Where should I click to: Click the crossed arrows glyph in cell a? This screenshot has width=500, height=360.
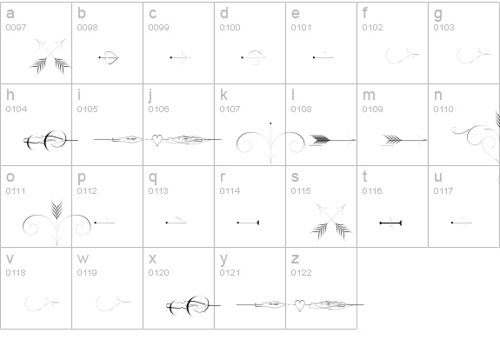(x=50, y=57)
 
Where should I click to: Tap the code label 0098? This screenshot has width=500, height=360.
(x=87, y=28)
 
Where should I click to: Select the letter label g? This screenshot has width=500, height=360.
(x=438, y=14)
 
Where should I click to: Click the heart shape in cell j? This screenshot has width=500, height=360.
(x=157, y=140)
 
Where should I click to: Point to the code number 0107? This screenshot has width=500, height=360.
(x=230, y=109)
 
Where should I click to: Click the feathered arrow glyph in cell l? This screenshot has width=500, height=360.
(x=332, y=140)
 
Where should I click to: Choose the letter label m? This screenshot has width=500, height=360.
(x=369, y=95)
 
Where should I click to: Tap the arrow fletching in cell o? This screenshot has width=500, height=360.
(x=57, y=210)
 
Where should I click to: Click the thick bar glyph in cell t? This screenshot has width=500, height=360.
(x=390, y=223)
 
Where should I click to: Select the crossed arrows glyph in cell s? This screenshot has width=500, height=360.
(x=331, y=223)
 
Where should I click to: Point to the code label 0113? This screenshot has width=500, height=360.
(x=158, y=190)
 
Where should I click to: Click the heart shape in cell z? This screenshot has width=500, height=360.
(x=299, y=305)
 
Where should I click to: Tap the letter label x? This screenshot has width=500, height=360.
(x=152, y=258)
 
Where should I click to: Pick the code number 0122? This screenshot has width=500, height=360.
(x=302, y=273)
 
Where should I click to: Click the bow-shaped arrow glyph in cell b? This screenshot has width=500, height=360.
(x=109, y=57)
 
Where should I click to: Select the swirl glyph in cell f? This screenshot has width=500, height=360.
(x=403, y=55)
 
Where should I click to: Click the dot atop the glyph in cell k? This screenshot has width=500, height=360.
(x=270, y=123)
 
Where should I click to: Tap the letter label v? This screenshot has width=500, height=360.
(x=10, y=258)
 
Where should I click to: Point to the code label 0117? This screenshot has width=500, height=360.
(x=443, y=190)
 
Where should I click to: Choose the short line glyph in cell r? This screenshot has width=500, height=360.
(x=248, y=223)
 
